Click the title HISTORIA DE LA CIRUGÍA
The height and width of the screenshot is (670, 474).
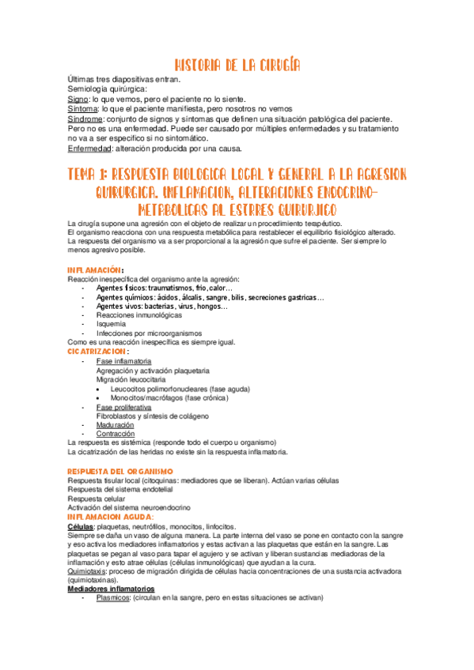(237, 65)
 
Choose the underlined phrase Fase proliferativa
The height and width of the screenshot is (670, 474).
(123, 407)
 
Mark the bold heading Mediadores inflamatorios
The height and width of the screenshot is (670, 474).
(111, 589)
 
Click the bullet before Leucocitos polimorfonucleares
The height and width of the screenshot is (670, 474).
(100, 389)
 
